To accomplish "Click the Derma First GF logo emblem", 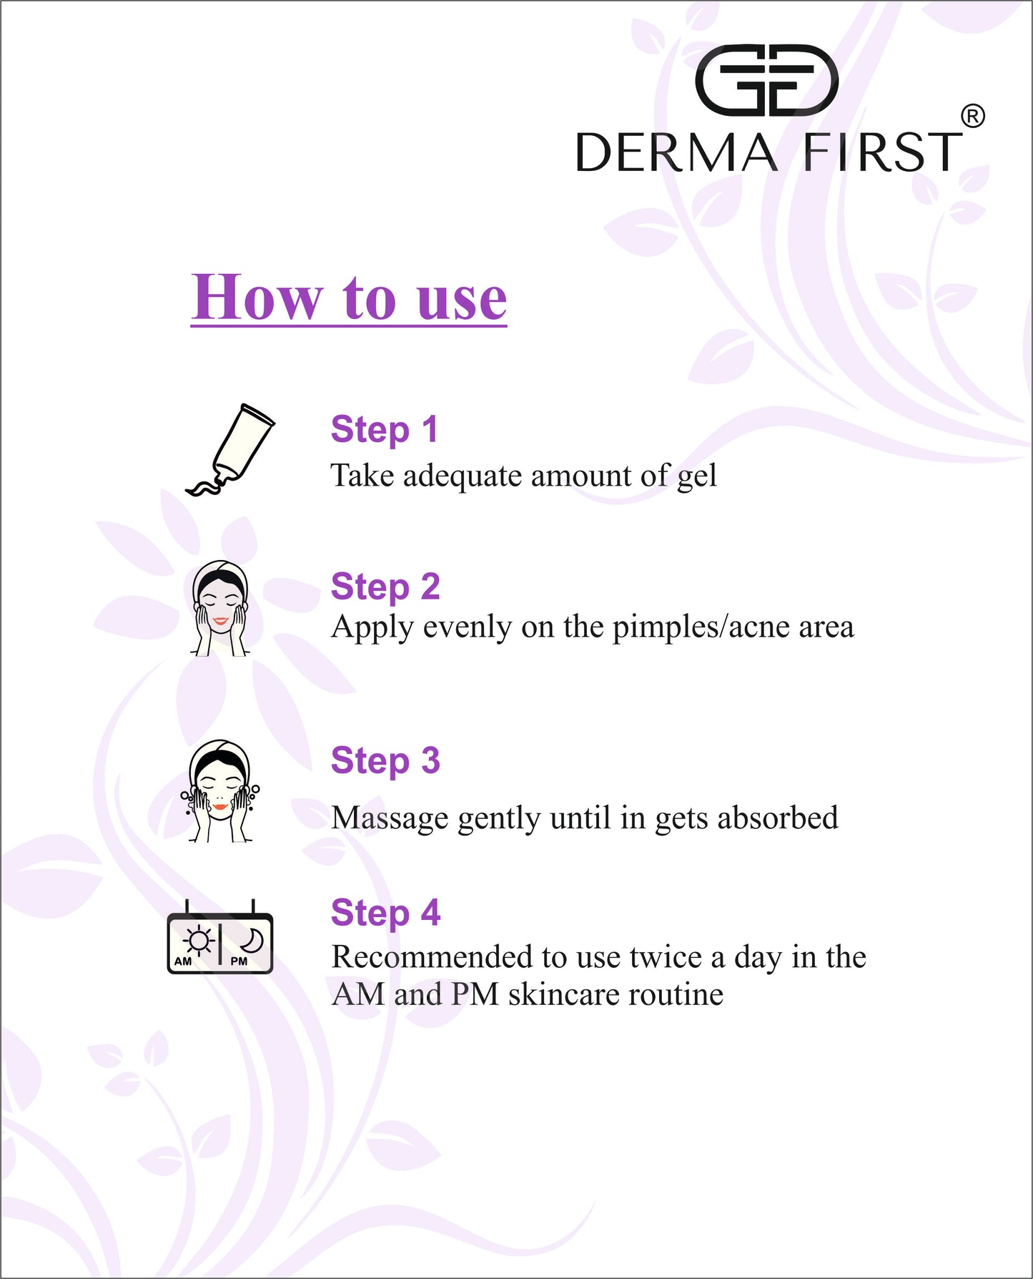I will pos(766,80).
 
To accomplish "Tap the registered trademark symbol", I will pos(972,117).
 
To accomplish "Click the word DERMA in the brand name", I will pos(676,152).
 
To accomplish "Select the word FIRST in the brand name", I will pos(883,152).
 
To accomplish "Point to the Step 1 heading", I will pos(384,430).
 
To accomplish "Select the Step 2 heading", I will pos(385,587).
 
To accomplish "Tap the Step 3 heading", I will pos(385,760).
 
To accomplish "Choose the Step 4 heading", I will pos(385,913).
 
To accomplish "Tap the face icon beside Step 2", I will pos(220,609).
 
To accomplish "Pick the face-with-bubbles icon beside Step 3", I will pos(220,791).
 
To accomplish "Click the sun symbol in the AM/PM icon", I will pos(198,941).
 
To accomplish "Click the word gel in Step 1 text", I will pos(696,476).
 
